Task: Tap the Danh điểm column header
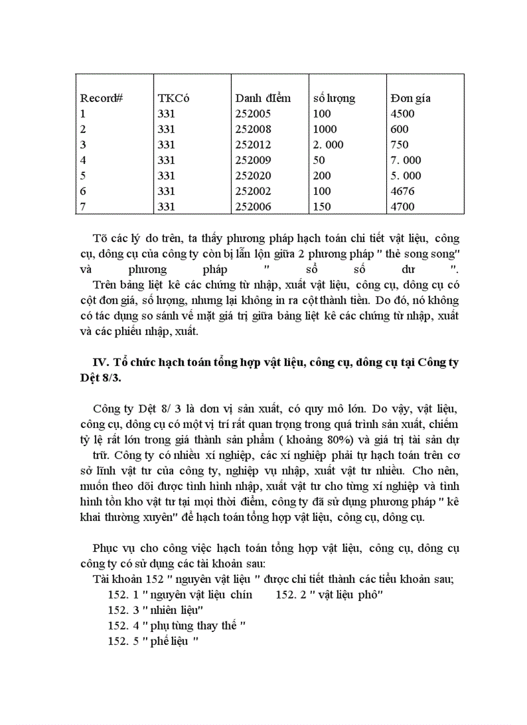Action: point(263,99)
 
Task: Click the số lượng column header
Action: point(334,99)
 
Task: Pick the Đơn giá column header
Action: point(410,99)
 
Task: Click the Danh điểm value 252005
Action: point(253,114)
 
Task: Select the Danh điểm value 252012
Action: point(253,145)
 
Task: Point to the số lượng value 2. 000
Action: point(328,145)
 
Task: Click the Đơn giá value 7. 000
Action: point(406,160)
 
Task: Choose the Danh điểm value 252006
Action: point(253,207)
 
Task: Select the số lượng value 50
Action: point(318,160)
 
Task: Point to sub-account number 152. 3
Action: point(123,610)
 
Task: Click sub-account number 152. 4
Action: point(123,626)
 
